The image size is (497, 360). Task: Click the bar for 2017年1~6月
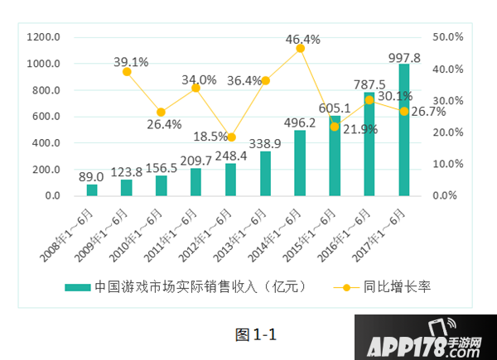(x=404, y=130)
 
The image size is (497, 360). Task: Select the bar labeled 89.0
(x=92, y=190)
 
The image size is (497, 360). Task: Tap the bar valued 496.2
(x=300, y=163)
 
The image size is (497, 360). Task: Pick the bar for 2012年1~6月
(x=231, y=180)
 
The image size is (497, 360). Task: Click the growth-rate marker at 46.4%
(x=300, y=49)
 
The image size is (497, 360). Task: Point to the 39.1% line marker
(x=127, y=72)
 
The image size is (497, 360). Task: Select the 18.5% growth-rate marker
(x=231, y=137)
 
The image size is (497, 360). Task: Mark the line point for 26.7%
(x=404, y=111)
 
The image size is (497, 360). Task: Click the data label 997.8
(x=404, y=58)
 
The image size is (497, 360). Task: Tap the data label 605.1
(x=335, y=108)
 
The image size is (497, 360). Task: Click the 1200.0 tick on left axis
(x=44, y=37)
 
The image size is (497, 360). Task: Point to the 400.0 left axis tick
(x=46, y=143)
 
